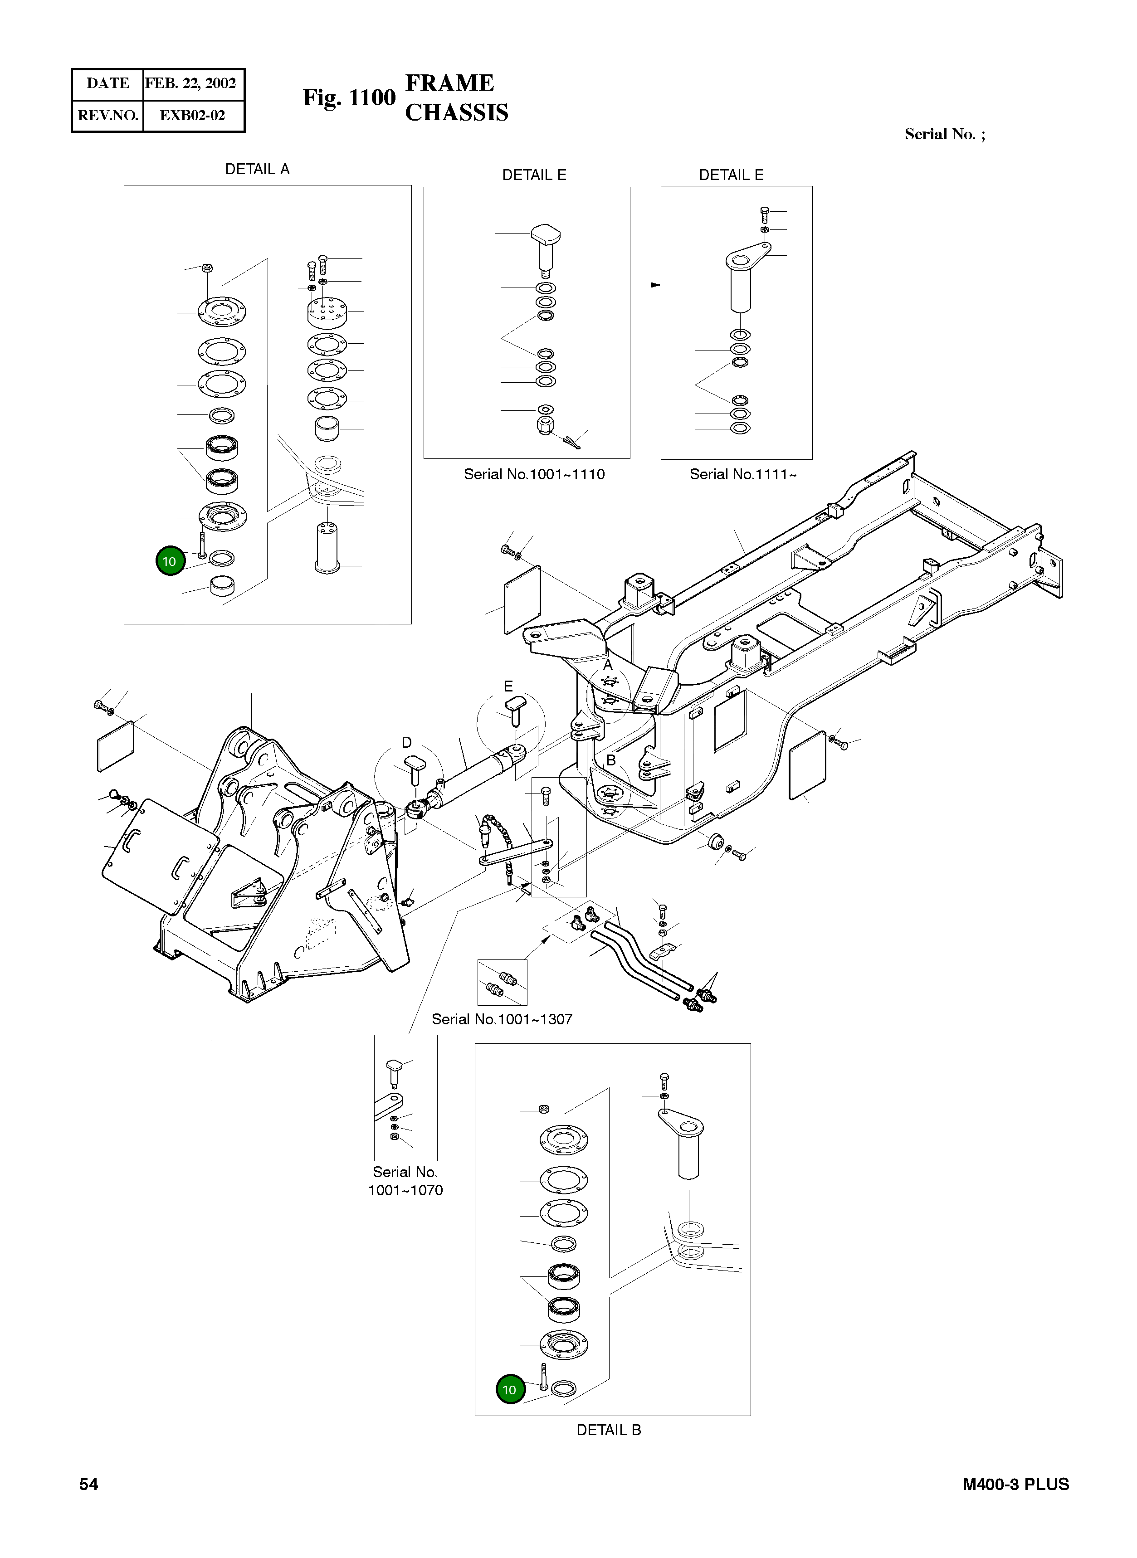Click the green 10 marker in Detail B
pyautogui.click(x=509, y=1389)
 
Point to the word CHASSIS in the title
pyautogui.click(x=456, y=113)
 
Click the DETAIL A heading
pyautogui.click(x=258, y=169)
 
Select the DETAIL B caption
pyautogui.click(x=609, y=1429)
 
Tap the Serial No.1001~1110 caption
pyautogui.click(x=534, y=474)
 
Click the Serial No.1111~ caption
pyautogui.click(x=742, y=474)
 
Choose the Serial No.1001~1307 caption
pyautogui.click(x=502, y=1019)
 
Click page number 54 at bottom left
pyautogui.click(x=89, y=1485)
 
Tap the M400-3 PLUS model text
pyautogui.click(x=1015, y=1485)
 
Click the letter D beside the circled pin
pyautogui.click(x=407, y=743)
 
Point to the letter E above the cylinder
pyautogui.click(x=508, y=686)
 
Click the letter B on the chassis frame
pyautogui.click(x=610, y=760)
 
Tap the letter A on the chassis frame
pyautogui.click(x=608, y=666)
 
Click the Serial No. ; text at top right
pyautogui.click(x=944, y=134)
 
